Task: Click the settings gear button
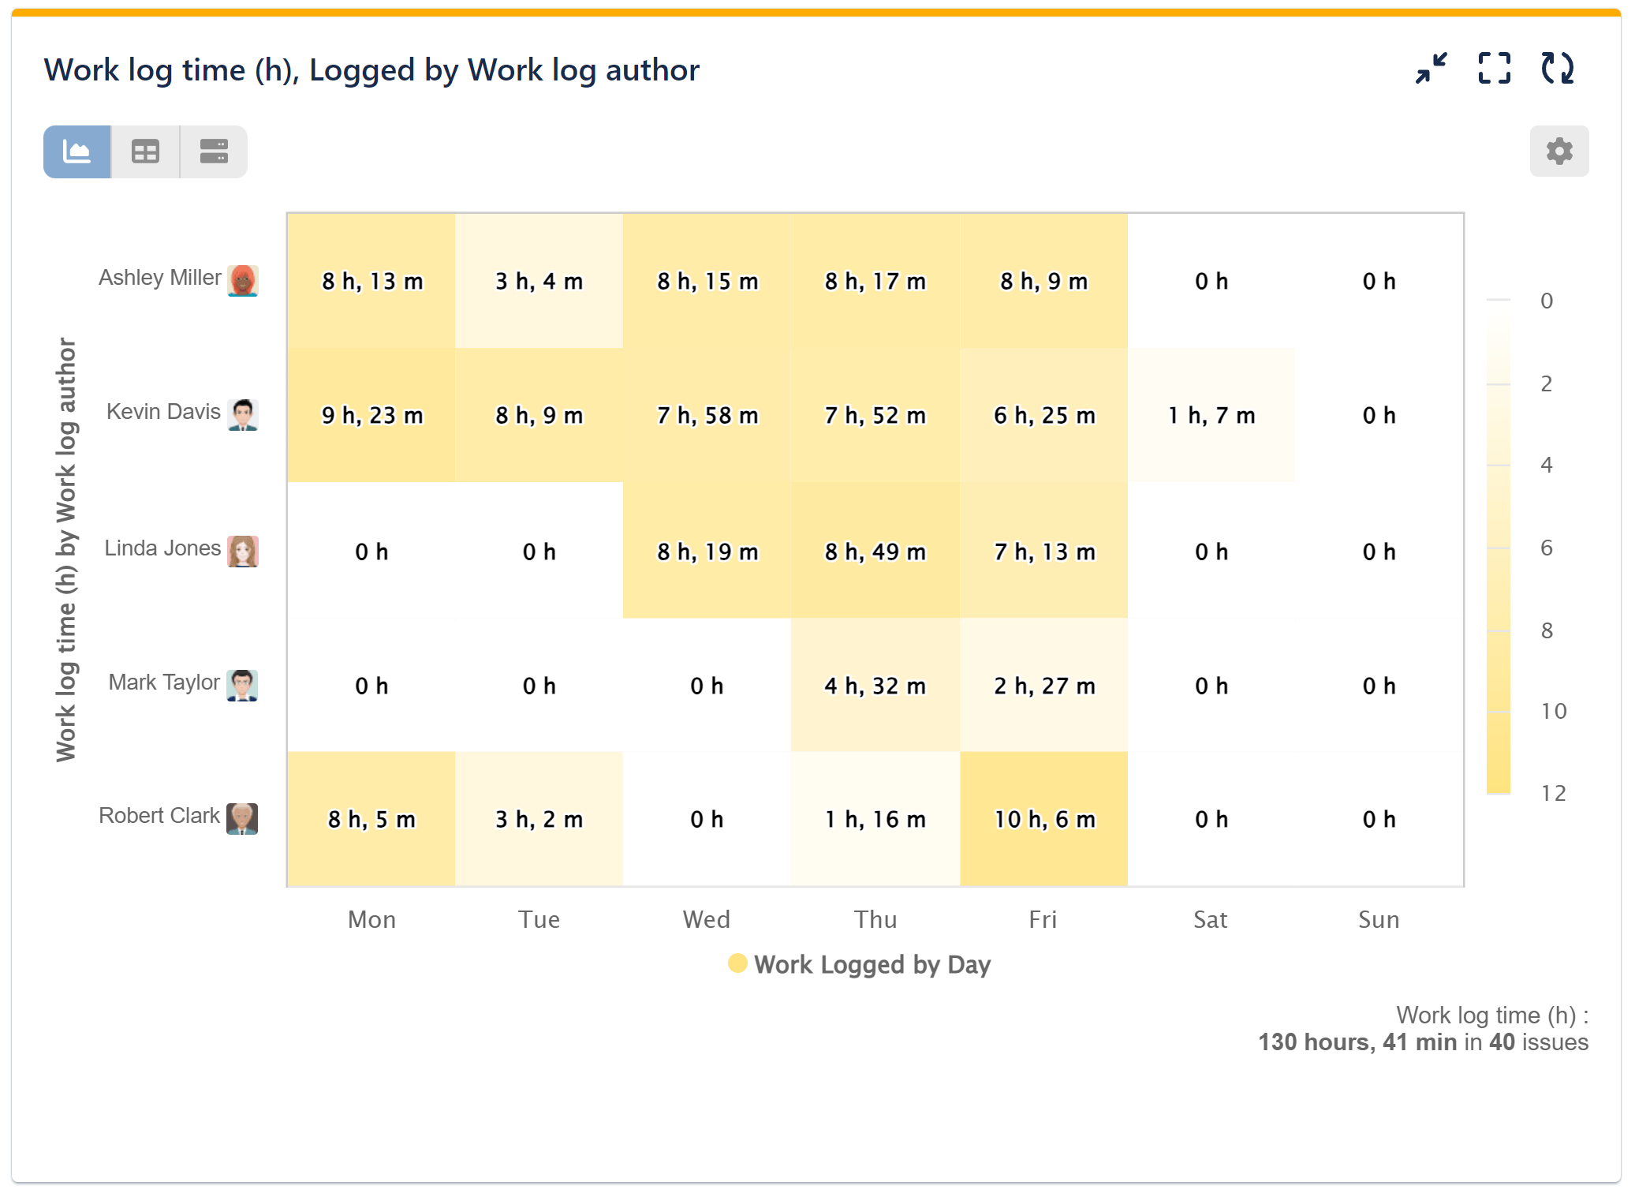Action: (x=1558, y=151)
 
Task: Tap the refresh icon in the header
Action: (x=1557, y=69)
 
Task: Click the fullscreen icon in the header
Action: (x=1494, y=69)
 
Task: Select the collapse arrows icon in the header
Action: (x=1431, y=69)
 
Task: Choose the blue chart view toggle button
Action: (x=77, y=151)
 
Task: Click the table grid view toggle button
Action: (x=145, y=151)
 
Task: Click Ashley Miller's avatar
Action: (x=243, y=280)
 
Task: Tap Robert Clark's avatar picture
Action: (x=242, y=818)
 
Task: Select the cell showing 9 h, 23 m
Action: (x=371, y=416)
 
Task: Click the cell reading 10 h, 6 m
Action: (x=1043, y=820)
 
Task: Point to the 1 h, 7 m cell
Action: (x=1211, y=416)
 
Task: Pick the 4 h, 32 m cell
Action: (x=875, y=686)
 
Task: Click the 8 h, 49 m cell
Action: (x=875, y=552)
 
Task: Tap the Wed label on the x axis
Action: (x=707, y=919)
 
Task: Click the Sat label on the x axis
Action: (x=1210, y=919)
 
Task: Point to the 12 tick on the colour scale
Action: (x=1552, y=793)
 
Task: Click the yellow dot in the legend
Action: (x=737, y=963)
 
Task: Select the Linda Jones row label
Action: (x=162, y=548)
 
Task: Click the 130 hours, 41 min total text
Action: (x=1357, y=1042)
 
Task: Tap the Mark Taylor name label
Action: (x=164, y=683)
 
